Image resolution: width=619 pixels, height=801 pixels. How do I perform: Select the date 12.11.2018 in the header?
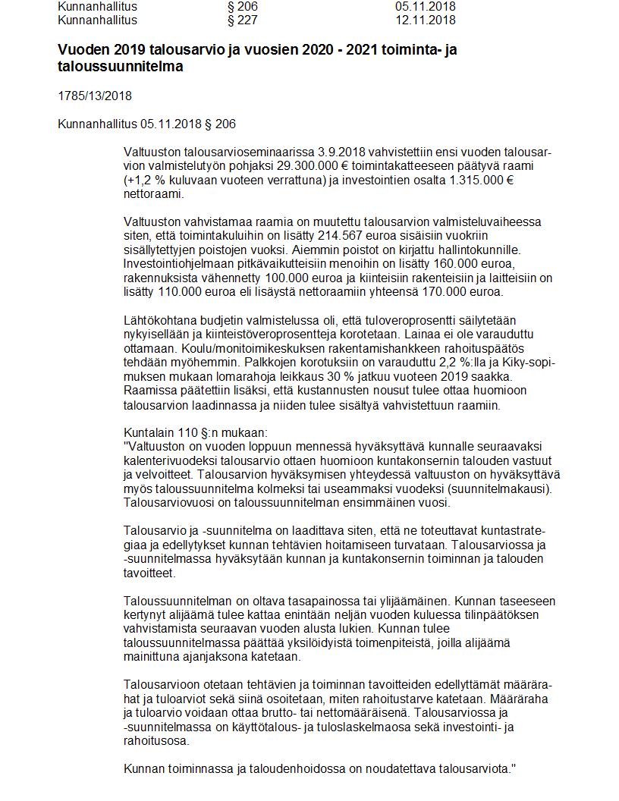(x=426, y=20)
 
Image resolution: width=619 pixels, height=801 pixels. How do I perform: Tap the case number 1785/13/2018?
(x=94, y=96)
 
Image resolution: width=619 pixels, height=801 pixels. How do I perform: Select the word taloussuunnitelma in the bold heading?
(x=121, y=67)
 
